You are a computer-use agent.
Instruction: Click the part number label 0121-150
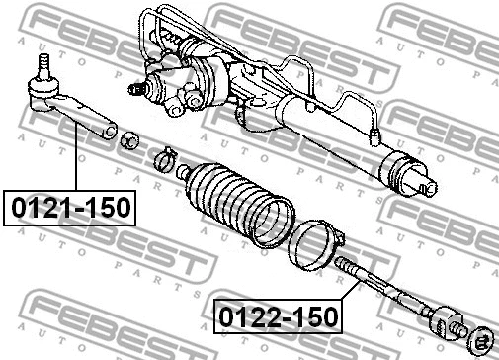point(70,210)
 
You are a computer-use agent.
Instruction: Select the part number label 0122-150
point(278,317)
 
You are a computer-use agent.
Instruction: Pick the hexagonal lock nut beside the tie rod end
point(129,141)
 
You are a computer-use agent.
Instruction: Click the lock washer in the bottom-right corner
point(483,340)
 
